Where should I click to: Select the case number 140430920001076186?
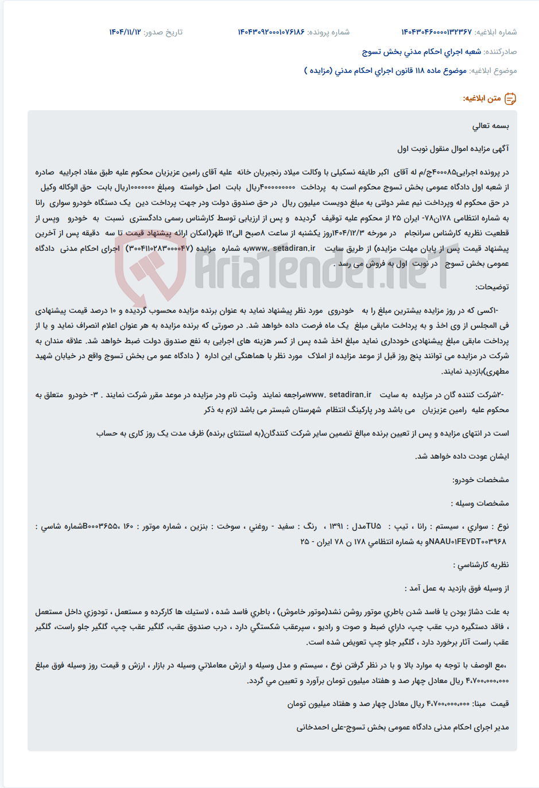[x=271, y=32]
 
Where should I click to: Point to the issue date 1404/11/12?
[x=125, y=32]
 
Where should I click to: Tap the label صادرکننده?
[x=500, y=52]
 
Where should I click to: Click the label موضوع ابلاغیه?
[x=493, y=71]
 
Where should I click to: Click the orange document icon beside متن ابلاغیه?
[x=510, y=99]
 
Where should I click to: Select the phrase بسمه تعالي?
[x=491, y=126]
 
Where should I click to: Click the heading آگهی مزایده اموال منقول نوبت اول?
[x=453, y=149]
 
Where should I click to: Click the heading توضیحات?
[x=492, y=287]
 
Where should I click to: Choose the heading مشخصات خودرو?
[x=480, y=480]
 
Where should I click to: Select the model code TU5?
[x=374, y=526]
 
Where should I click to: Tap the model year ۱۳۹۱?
[x=336, y=526]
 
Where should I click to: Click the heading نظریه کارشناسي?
[x=483, y=565]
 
